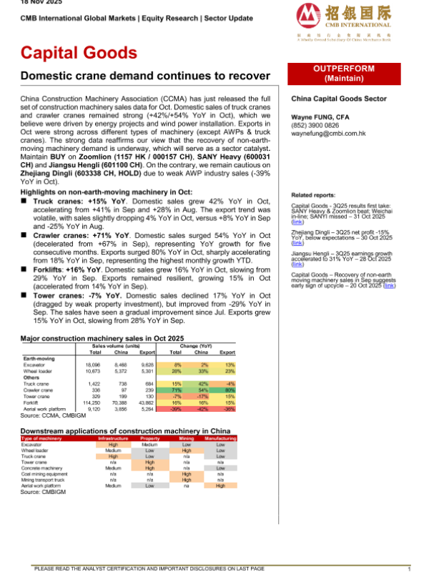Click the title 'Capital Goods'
(x=79, y=52)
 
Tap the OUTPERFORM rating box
(x=350, y=72)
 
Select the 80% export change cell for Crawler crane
(x=229, y=390)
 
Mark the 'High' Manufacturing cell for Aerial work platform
(x=221, y=485)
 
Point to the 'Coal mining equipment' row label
(x=46, y=473)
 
